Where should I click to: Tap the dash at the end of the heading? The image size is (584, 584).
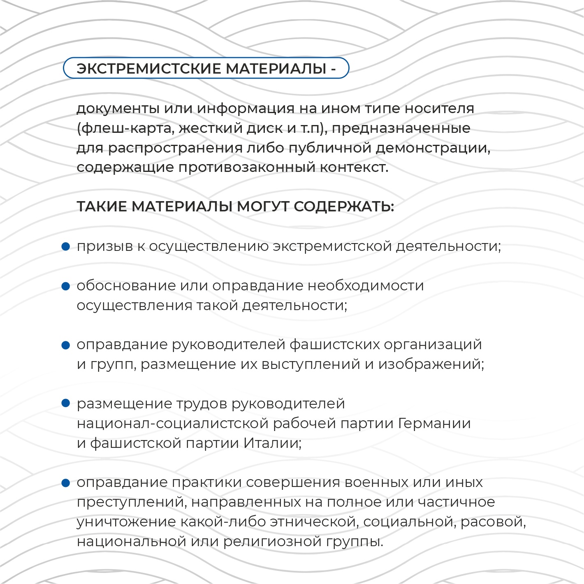333,69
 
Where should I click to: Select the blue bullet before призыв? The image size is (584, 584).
65,246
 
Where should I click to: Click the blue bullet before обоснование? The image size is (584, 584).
65,286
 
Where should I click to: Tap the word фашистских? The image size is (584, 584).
334,345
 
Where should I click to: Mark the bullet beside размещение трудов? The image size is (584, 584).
65,403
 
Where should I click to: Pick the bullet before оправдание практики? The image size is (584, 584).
65,482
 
